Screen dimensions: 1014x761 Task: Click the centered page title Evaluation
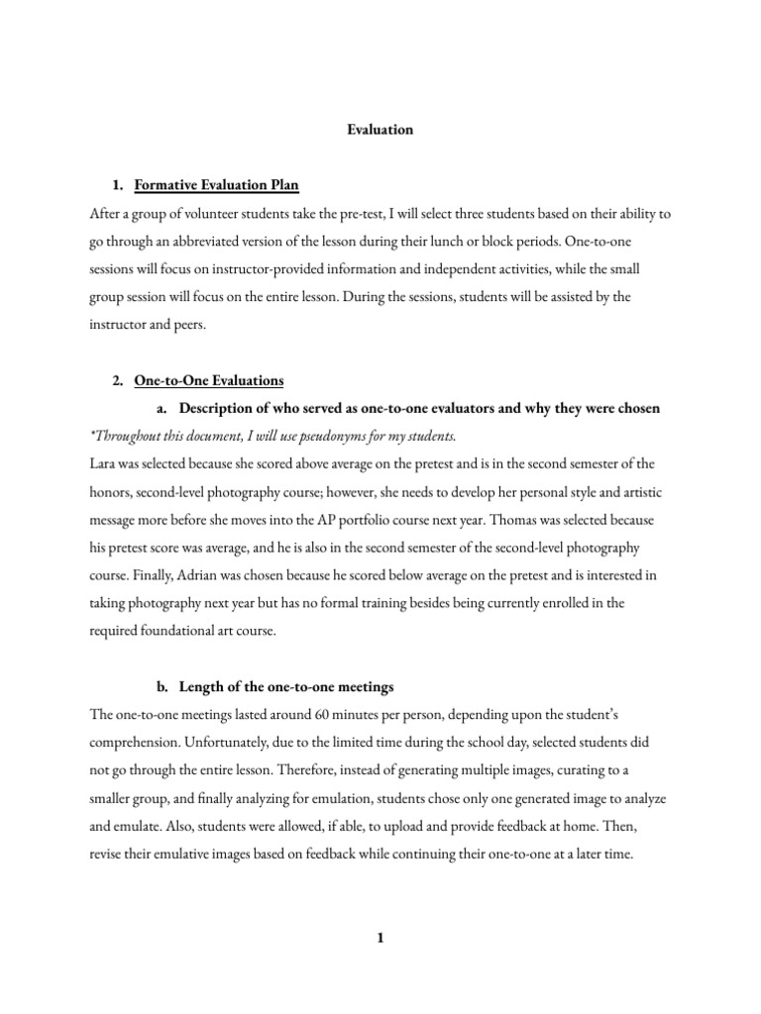point(380,129)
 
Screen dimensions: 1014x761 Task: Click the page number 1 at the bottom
point(380,941)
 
